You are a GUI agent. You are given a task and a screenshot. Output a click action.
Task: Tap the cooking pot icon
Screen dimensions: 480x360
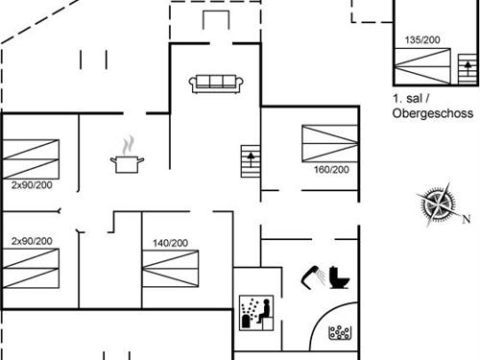tap(126, 163)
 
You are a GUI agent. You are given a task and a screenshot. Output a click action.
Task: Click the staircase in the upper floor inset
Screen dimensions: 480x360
tap(468, 69)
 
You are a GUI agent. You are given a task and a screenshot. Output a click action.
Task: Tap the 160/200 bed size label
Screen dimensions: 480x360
tap(330, 170)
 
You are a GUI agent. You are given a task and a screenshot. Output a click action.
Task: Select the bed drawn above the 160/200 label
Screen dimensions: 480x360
tap(330, 144)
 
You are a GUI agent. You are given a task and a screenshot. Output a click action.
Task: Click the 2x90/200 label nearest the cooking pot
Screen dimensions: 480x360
tap(32, 183)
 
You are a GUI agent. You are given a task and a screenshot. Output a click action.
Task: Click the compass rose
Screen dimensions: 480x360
tap(439, 207)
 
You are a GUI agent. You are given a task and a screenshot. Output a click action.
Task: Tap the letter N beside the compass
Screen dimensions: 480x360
tap(467, 220)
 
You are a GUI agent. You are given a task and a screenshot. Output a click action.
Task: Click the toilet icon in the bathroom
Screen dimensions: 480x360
tap(338, 276)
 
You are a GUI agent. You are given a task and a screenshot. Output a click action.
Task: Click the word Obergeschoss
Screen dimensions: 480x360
tap(433, 113)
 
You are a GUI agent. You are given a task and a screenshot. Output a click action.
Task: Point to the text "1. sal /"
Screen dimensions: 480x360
tap(413, 99)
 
